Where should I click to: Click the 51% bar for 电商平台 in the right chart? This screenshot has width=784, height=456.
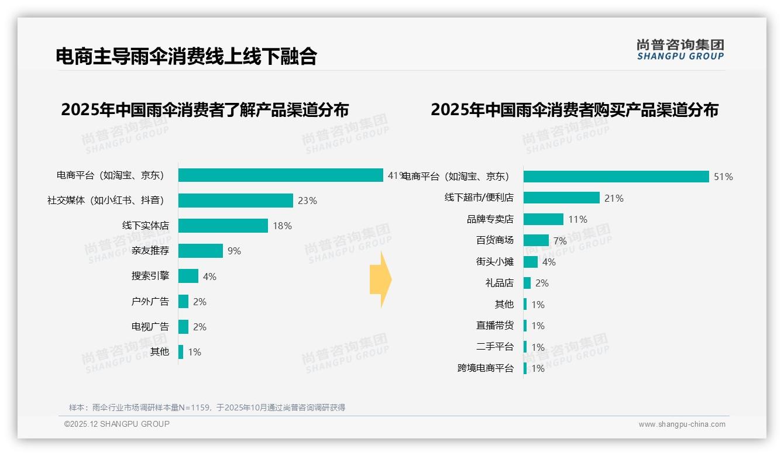(x=616, y=177)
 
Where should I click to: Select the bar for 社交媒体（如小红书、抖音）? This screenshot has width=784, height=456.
(x=235, y=201)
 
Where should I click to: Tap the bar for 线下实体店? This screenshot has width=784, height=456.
(x=223, y=226)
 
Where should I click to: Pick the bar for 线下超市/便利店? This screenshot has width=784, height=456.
(x=561, y=198)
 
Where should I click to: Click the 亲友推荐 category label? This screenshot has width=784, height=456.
(x=150, y=251)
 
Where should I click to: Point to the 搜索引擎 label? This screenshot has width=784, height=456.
(x=150, y=276)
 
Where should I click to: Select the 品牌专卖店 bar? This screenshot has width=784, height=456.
(x=543, y=219)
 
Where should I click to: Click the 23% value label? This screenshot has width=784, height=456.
(x=307, y=201)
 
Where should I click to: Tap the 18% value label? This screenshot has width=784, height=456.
(x=282, y=226)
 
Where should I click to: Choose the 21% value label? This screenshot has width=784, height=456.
(x=614, y=198)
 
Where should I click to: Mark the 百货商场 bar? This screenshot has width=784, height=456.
(x=536, y=240)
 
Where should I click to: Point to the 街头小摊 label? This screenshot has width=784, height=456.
(x=494, y=262)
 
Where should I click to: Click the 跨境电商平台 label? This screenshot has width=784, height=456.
(x=485, y=368)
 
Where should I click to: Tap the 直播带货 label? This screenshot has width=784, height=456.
(x=494, y=326)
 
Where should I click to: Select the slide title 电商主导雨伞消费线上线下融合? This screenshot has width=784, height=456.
(x=186, y=56)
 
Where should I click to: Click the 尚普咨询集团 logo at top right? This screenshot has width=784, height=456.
(x=680, y=50)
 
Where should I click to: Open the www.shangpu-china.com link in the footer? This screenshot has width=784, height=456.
(x=682, y=424)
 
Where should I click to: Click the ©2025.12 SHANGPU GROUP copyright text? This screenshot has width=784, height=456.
(x=117, y=424)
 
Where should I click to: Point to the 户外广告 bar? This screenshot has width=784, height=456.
(x=183, y=302)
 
